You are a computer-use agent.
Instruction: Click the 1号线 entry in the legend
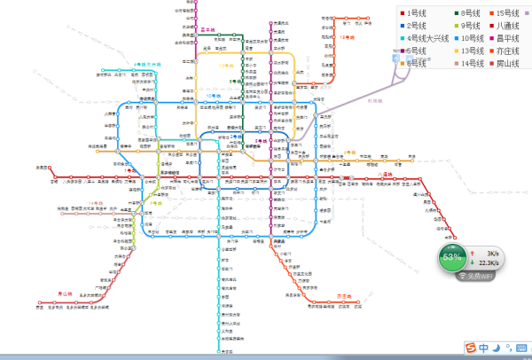click(418, 13)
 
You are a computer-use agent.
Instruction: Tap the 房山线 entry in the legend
click(511, 63)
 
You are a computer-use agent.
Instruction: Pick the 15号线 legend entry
click(511, 13)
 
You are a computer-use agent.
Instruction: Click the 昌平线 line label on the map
click(210, 30)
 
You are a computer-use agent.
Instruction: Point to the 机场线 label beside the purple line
click(377, 100)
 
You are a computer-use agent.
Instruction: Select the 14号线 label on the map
click(95, 204)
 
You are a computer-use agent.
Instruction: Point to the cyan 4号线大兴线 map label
click(147, 65)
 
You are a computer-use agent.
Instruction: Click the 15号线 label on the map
click(347, 38)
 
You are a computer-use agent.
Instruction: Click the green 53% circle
click(452, 257)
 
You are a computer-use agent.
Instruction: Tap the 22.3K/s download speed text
click(488, 263)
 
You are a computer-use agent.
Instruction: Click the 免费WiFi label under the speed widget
click(479, 276)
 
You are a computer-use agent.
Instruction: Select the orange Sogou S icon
click(470, 346)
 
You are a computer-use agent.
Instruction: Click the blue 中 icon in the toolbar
click(484, 346)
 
